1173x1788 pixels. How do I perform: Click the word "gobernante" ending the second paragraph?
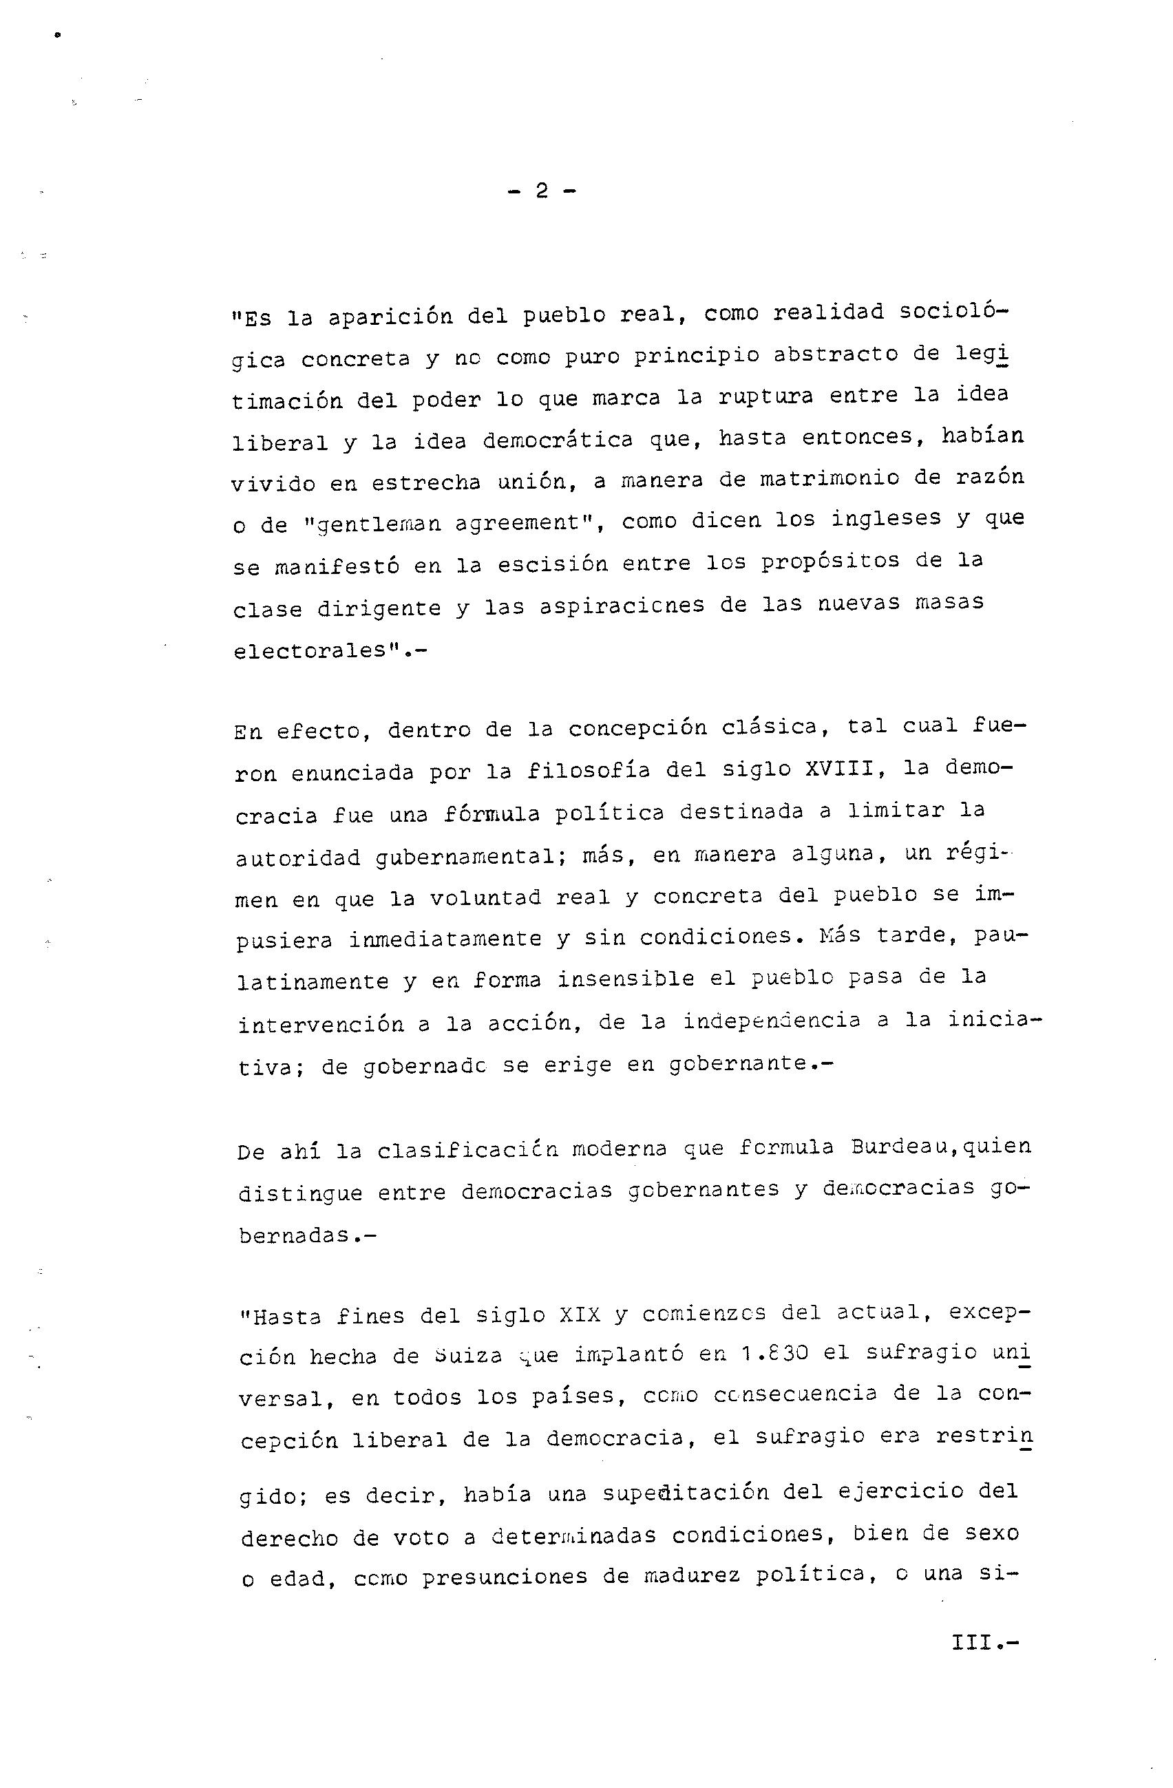pyautogui.click(x=736, y=1064)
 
